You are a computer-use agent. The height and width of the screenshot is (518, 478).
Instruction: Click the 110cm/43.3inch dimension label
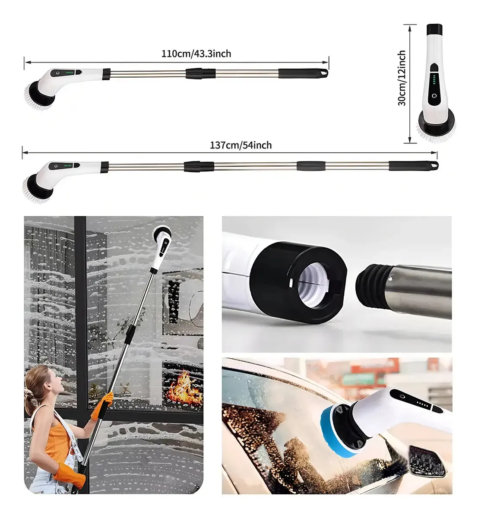click(x=196, y=54)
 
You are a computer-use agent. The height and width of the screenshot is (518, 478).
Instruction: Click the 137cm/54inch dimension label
click(x=241, y=145)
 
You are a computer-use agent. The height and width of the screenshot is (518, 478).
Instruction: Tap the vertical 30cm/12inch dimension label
click(x=402, y=78)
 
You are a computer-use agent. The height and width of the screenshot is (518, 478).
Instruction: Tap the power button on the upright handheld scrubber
click(x=434, y=96)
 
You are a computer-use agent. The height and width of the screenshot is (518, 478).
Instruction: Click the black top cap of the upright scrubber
click(x=434, y=30)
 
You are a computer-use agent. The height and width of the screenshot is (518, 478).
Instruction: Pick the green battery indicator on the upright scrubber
click(x=434, y=79)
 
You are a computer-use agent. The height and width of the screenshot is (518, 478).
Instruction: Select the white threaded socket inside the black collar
click(x=312, y=285)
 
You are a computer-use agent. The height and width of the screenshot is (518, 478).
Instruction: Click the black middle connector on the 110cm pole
click(x=200, y=73)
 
